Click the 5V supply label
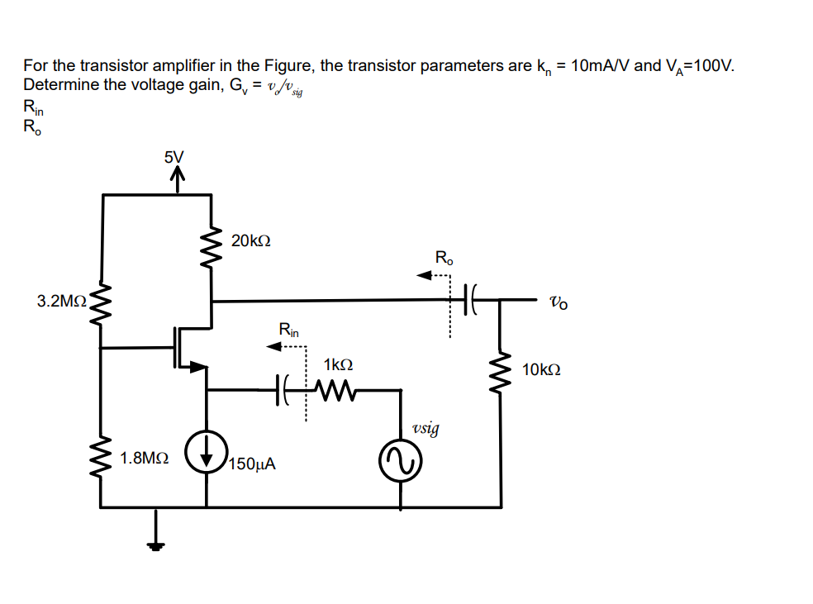pos(174,156)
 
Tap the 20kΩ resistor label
pos(251,241)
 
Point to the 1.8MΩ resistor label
pos(145,457)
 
